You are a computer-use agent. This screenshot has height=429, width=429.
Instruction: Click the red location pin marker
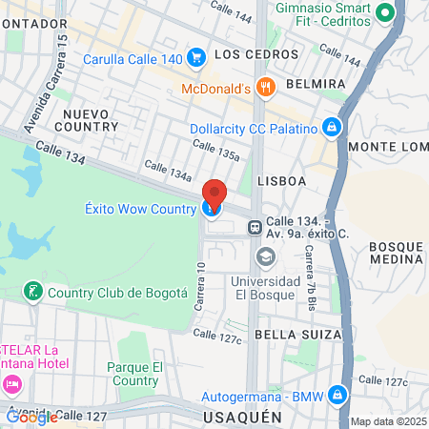(x=214, y=194)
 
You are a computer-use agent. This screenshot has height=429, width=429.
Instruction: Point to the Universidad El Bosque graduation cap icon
(x=265, y=256)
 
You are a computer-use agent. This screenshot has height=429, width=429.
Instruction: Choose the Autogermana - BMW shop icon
(x=337, y=393)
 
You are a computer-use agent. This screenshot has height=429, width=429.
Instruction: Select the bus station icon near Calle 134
(x=255, y=228)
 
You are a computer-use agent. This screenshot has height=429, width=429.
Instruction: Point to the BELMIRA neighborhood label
(x=314, y=84)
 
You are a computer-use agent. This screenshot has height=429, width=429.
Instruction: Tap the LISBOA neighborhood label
(x=281, y=180)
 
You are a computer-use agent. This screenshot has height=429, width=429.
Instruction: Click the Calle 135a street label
(x=215, y=149)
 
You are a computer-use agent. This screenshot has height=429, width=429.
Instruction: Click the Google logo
(x=31, y=417)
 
